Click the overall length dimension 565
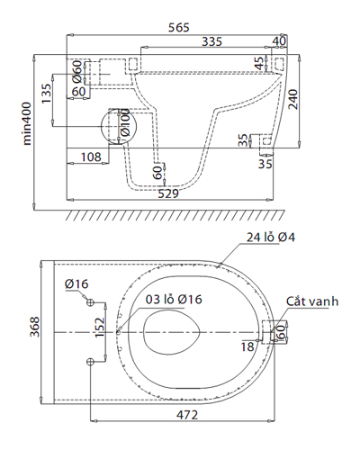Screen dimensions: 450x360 [178, 27]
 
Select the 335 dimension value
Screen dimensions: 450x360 [211, 41]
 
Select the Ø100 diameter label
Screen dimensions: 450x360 [126, 127]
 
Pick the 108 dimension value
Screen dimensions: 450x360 [91, 157]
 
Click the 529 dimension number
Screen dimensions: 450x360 [167, 193]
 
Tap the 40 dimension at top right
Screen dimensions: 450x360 [279, 41]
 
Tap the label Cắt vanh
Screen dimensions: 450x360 [312, 301]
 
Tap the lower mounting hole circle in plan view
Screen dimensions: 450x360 [90, 360]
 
